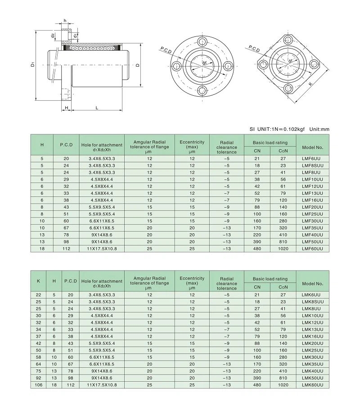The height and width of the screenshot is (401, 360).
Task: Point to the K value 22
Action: pos(38,294)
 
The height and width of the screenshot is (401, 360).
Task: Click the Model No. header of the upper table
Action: pos(313,147)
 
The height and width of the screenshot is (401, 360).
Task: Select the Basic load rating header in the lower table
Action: pos(270,279)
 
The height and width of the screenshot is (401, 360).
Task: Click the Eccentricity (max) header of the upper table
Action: pos(192,144)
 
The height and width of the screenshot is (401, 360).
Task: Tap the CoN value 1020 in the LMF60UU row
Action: pos(283,248)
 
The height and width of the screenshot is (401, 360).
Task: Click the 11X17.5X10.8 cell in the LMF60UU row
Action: pos(102,248)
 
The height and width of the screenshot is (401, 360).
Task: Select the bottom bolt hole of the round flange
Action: pos(201,92)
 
